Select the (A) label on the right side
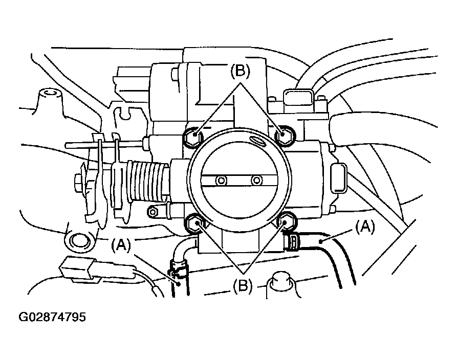[366, 226]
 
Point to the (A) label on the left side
[121, 245]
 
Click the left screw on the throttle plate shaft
[221, 180]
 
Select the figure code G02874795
[52, 317]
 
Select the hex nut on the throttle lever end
[80, 182]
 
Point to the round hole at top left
[50, 94]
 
